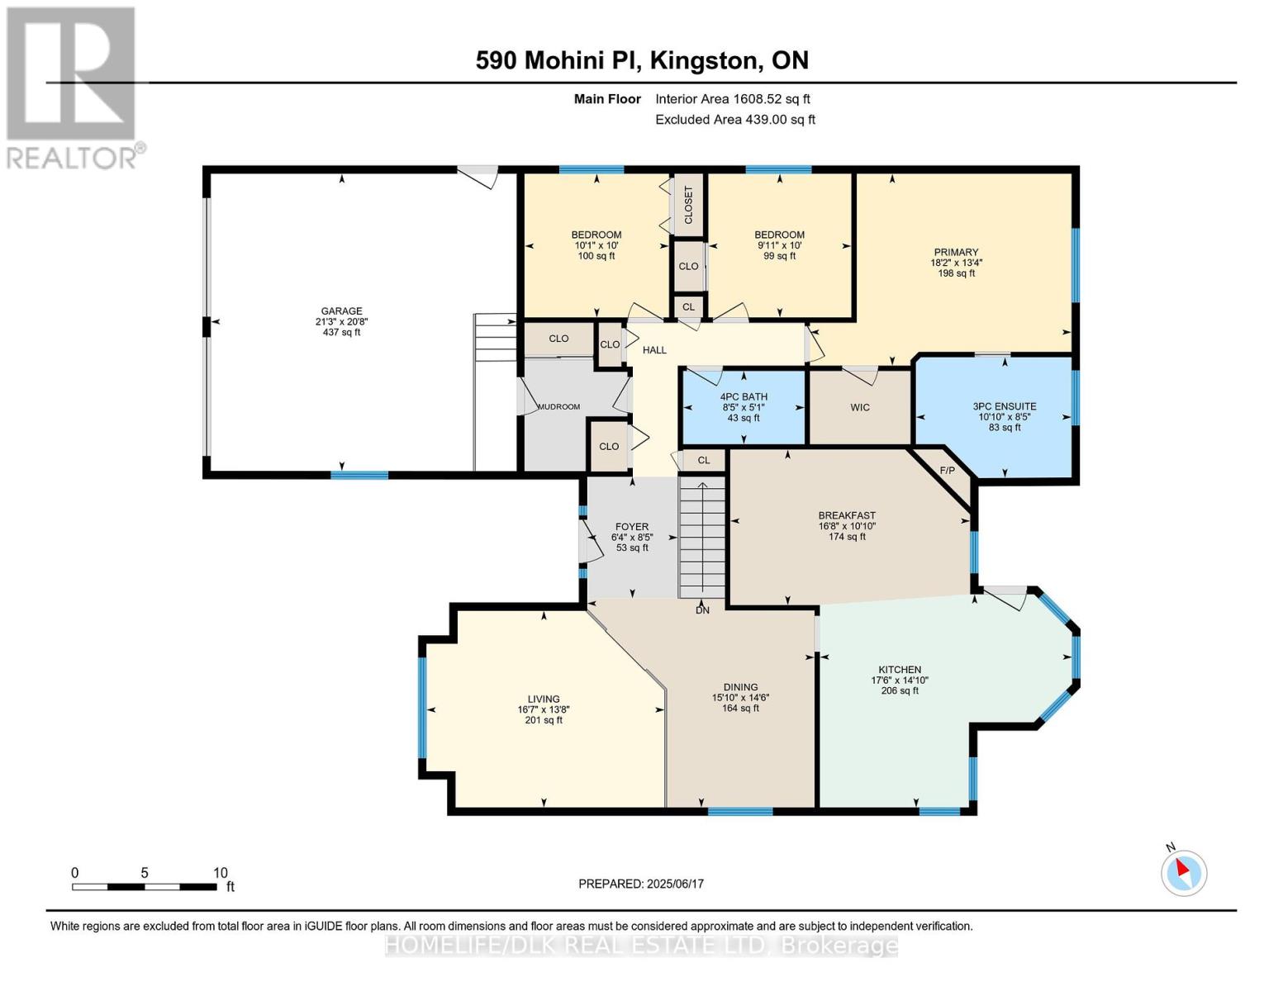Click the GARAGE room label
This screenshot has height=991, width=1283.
tap(341, 311)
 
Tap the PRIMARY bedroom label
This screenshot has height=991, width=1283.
tap(956, 252)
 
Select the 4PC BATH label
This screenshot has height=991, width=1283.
tap(744, 396)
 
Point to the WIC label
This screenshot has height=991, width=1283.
tap(860, 407)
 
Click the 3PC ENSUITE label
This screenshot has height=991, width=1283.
tap(1005, 406)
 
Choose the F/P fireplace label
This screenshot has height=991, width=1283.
tap(947, 471)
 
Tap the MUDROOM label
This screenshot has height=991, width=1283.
tap(558, 406)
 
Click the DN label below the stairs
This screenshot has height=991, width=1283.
tap(702, 610)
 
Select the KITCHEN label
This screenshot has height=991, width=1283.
tap(899, 669)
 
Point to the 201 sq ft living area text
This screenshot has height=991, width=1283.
tap(544, 720)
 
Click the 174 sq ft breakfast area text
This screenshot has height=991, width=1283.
tap(847, 537)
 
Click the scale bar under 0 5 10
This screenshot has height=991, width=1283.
tap(144, 886)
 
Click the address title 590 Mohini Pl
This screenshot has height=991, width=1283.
tap(558, 60)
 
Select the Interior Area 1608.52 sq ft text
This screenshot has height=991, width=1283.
tap(733, 99)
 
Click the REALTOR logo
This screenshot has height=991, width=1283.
tap(73, 88)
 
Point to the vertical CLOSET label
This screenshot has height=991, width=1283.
tap(688, 205)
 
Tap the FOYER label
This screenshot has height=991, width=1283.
tap(632, 527)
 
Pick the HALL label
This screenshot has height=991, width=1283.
tap(654, 350)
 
